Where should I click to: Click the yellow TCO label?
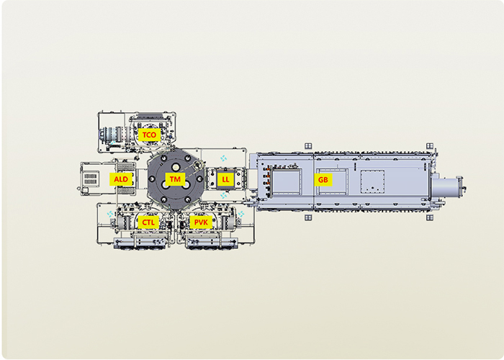coord(149,135)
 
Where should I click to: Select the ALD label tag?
coord(121,179)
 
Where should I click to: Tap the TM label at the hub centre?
coord(175,179)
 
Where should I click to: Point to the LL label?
coord(225,179)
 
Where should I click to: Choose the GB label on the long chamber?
coord(323,180)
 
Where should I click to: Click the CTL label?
coord(148,222)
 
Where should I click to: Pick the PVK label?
coord(201,222)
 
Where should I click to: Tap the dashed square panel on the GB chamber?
coord(372,182)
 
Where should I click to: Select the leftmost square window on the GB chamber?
coord(286,182)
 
